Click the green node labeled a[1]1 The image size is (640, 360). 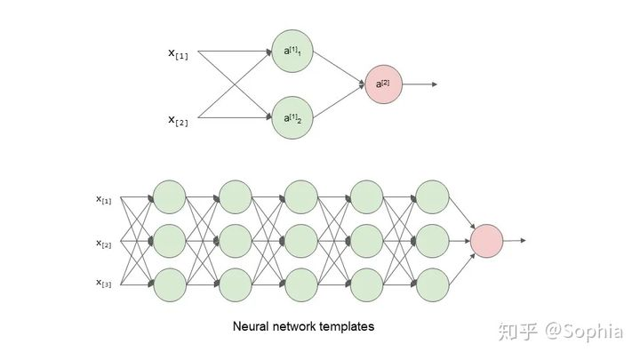tap(293, 52)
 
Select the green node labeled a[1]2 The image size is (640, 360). tap(293, 117)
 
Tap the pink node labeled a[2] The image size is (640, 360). tap(382, 84)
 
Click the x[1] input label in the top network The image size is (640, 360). tap(178, 53)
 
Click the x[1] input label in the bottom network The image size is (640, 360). tap(104, 200)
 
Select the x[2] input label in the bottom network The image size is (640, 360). tap(104, 242)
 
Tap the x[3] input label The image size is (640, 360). tap(104, 283)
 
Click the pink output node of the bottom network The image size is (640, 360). tap(487, 241)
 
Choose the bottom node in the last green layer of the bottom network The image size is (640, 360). tap(431, 283)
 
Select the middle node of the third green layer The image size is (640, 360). tap(300, 241)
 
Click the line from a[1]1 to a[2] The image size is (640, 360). tap(339, 68)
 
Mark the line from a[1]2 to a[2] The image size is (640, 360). tap(339, 101)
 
